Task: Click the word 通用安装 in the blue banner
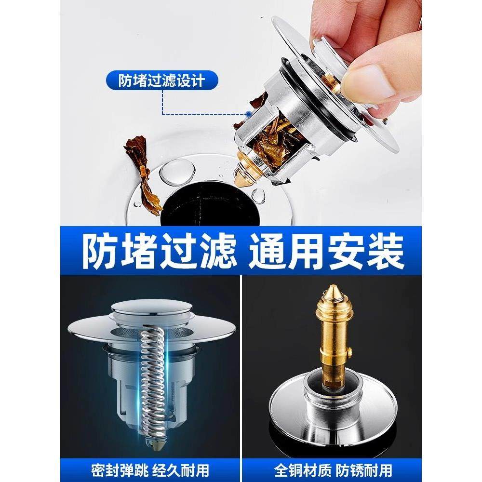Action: click(326, 250)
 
